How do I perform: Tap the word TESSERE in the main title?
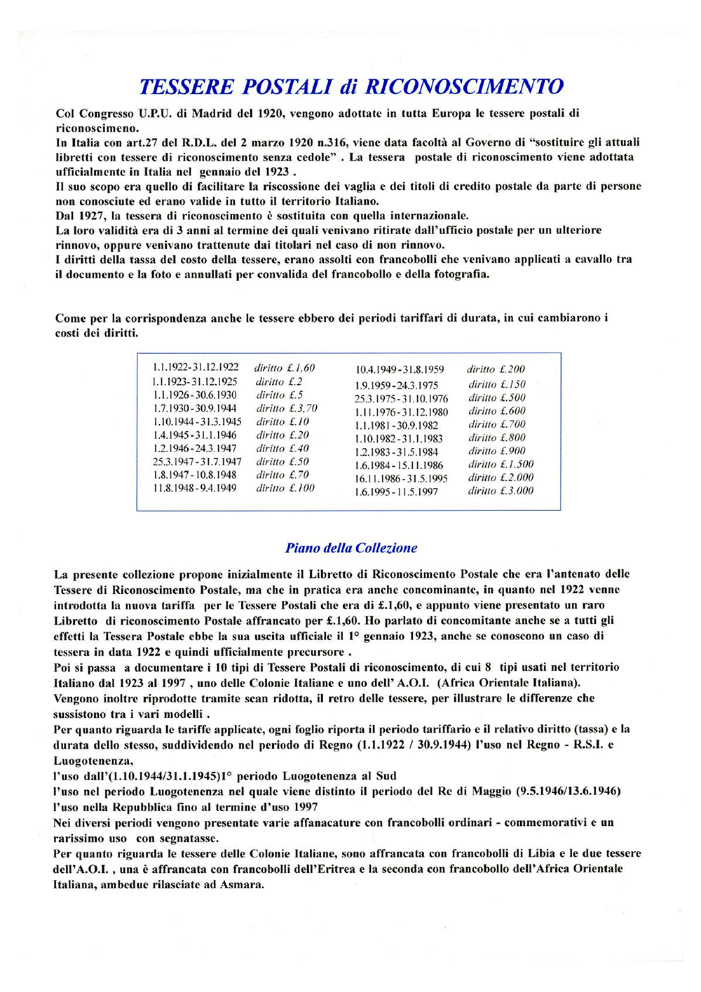[x=186, y=87]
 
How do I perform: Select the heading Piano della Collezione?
[x=351, y=548]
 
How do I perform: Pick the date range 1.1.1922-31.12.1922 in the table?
[x=196, y=367]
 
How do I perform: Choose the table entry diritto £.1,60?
[x=285, y=367]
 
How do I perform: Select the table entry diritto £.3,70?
[x=287, y=408]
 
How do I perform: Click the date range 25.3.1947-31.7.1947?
[x=197, y=461]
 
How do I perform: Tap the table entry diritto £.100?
[x=285, y=488]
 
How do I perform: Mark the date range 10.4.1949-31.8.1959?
[x=400, y=369]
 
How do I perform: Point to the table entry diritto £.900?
[x=497, y=451]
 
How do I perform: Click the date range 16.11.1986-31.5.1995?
[x=401, y=478]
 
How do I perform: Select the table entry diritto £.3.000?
[x=501, y=491]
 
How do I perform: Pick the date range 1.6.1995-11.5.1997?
[x=397, y=491]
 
